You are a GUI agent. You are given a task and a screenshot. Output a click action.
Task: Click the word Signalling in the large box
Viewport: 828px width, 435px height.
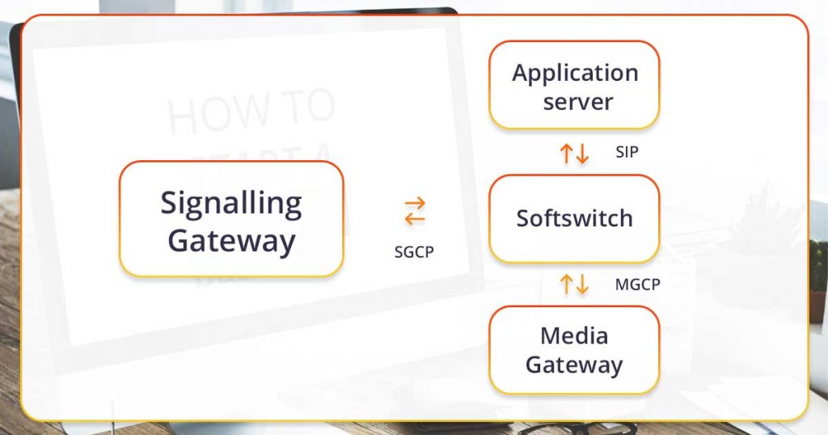point(231,203)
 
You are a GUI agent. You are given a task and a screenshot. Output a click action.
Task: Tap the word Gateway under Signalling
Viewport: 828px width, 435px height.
point(231,241)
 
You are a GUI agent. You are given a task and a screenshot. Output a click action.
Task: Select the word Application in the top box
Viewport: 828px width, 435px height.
point(575,73)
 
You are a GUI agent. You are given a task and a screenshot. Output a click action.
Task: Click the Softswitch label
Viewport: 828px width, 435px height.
point(574,218)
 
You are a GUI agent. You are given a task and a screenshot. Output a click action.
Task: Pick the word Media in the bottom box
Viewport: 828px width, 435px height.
point(574,335)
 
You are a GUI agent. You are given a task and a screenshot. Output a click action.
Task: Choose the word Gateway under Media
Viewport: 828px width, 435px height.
point(574,365)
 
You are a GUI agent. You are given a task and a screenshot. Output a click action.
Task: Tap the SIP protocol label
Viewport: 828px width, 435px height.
point(627,151)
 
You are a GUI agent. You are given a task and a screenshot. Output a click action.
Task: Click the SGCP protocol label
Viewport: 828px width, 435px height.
point(414,251)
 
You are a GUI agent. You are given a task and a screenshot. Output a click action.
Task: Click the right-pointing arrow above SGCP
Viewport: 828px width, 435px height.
point(415,203)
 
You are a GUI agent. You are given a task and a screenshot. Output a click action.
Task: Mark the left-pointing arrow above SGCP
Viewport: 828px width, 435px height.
point(415,218)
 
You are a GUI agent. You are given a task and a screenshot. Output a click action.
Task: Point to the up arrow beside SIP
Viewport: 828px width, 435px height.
point(567,153)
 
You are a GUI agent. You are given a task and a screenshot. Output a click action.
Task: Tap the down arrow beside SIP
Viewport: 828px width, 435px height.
point(582,153)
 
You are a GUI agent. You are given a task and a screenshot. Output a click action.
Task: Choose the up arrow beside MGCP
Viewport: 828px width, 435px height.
point(567,284)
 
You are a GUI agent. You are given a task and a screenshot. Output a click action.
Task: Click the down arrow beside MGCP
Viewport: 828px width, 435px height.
point(582,284)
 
